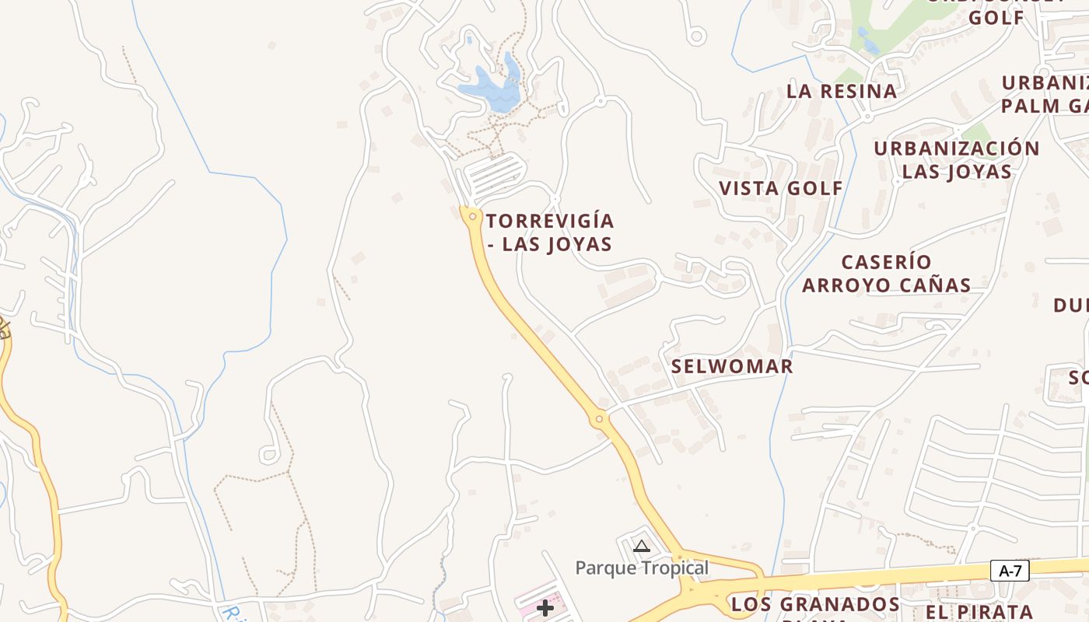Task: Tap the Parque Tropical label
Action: (x=642, y=568)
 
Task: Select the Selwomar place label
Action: (x=732, y=366)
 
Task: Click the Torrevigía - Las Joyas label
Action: (x=550, y=232)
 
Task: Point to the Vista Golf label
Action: (x=780, y=188)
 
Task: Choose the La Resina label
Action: (x=842, y=91)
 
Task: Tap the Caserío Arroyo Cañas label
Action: (x=886, y=274)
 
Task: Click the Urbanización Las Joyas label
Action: (x=957, y=160)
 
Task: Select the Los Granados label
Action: (x=815, y=604)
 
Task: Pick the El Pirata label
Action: (x=979, y=611)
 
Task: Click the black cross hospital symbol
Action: (x=546, y=608)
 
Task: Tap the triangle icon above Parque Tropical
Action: (x=641, y=546)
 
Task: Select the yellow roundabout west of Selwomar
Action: (x=599, y=420)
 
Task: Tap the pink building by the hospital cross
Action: (x=529, y=603)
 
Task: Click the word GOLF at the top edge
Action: (x=996, y=17)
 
